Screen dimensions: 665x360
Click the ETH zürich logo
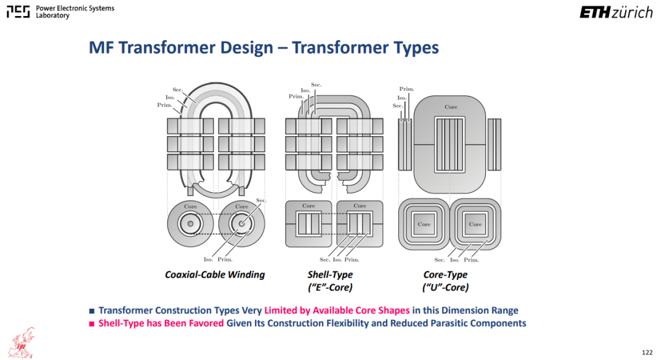click(x=616, y=12)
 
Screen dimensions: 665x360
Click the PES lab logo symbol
click(x=18, y=12)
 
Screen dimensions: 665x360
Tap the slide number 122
click(x=647, y=353)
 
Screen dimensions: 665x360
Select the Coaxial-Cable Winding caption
click(x=215, y=275)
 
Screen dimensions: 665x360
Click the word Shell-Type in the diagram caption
click(x=330, y=275)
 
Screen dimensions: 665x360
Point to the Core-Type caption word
click(x=445, y=275)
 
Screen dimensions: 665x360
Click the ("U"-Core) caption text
click(x=445, y=287)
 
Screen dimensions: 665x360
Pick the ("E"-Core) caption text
click(x=330, y=287)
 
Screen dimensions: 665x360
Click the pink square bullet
click(x=92, y=324)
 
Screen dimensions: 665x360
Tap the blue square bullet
click(x=92, y=311)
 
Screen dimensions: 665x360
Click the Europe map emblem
click(x=22, y=343)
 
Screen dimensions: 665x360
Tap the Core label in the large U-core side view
click(x=451, y=107)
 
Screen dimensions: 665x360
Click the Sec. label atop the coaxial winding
click(x=178, y=89)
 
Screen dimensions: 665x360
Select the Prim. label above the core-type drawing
click(x=407, y=89)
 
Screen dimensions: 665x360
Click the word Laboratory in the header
click(x=52, y=15)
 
